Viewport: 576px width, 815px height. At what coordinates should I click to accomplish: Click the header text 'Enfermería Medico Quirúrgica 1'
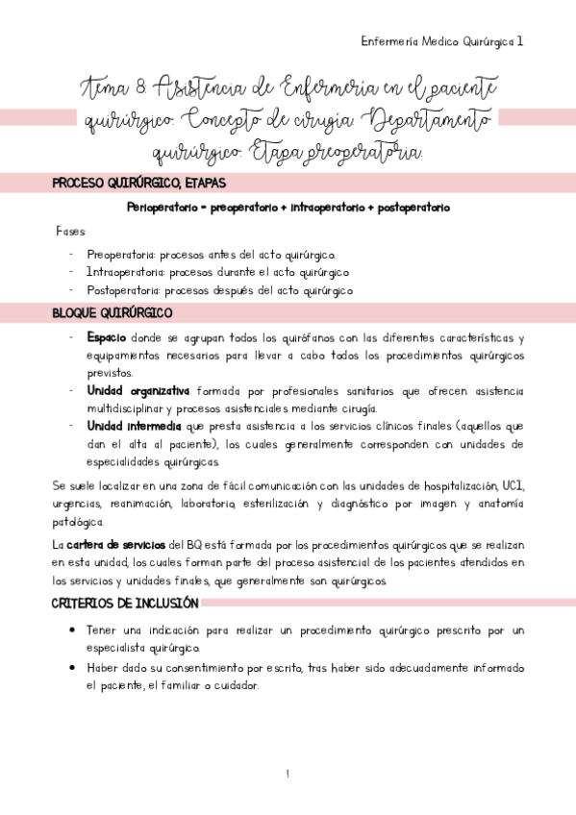441,41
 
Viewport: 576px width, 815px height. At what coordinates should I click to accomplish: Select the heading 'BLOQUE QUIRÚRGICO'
112,313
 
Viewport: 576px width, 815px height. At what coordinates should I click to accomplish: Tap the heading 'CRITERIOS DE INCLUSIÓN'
124,604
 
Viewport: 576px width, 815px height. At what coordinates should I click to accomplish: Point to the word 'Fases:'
71,232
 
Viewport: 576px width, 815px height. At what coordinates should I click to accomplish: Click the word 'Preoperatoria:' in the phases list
121,255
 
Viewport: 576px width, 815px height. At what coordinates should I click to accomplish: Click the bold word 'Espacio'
106,337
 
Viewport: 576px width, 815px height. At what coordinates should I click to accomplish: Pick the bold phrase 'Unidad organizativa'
138,391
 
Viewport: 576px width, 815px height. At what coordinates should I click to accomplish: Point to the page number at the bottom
287,774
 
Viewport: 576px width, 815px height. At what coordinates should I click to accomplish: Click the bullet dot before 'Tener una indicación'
75,630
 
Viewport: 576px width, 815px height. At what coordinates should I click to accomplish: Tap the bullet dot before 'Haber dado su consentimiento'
75,667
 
